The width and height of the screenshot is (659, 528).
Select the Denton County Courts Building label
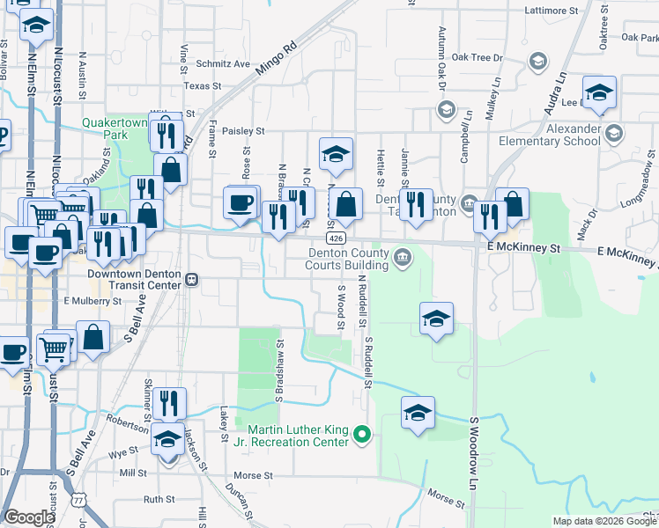(x=347, y=258)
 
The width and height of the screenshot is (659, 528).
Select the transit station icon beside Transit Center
(x=190, y=279)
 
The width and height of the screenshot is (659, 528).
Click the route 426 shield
(x=334, y=238)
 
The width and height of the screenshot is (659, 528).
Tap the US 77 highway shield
(x=80, y=501)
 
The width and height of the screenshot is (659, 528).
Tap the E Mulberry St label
(x=92, y=301)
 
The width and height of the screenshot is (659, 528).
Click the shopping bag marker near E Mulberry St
(x=93, y=337)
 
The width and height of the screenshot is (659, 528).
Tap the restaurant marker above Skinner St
(x=169, y=404)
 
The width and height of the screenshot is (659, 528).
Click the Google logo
(x=29, y=517)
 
